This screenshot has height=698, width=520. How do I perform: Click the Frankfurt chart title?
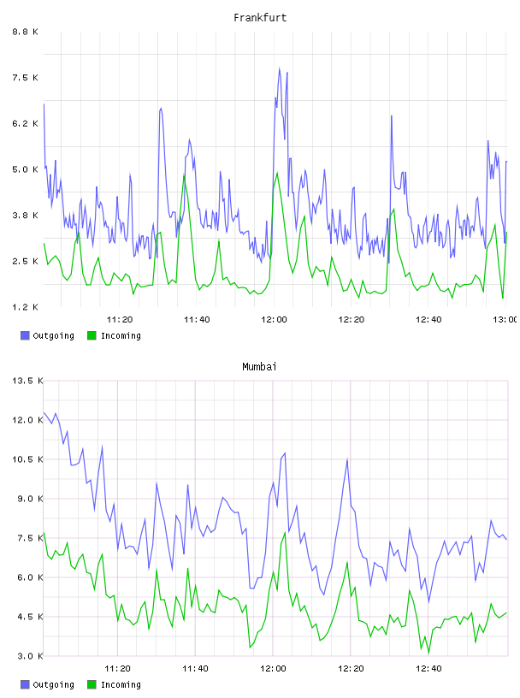pos(260,18)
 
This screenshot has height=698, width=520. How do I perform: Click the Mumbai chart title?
pos(259,367)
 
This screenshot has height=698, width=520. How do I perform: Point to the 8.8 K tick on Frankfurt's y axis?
pos(25,32)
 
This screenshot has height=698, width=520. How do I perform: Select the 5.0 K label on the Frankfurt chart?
pos(25,169)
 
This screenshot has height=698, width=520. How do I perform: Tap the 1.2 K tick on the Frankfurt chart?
pos(25,307)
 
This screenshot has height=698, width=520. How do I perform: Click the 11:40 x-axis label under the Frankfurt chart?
pos(197,319)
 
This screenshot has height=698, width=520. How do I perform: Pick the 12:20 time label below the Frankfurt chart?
pos(352,319)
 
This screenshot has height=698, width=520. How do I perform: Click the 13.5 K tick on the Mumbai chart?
pos(27,381)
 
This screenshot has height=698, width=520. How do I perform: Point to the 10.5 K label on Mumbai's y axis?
pos(27,459)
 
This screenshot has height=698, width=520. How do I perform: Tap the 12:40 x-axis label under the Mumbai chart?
pos(428,668)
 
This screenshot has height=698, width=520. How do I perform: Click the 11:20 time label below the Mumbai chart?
pos(117,668)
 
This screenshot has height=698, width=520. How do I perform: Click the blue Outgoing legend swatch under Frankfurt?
pos(25,335)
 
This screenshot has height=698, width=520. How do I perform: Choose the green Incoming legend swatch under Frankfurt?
pos(92,335)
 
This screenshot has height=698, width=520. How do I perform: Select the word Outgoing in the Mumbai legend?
pos(53,684)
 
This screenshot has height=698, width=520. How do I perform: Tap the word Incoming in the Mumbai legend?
pos(121,684)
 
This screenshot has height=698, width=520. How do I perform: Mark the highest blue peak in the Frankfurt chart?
pos(280,68)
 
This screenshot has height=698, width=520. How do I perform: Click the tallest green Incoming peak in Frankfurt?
pos(277,173)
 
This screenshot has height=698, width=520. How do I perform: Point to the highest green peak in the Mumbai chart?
pos(44,533)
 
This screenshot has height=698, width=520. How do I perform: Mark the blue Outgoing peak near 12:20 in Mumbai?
pos(347,460)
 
